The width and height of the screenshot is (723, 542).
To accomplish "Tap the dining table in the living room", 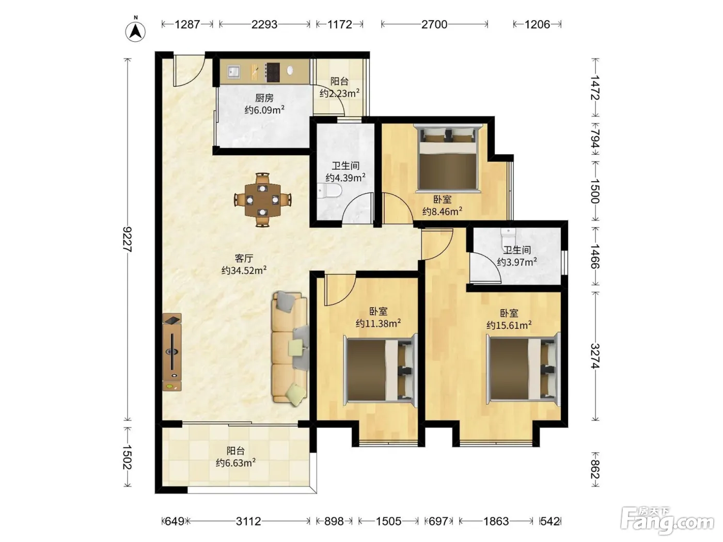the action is coord(262,200).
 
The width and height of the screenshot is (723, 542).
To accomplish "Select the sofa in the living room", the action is coord(290,349).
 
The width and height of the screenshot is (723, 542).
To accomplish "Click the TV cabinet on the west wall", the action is coord(171,352).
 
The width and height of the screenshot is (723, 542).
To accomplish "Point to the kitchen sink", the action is coord(233,71).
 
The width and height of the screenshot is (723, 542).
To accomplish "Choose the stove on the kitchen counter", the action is coord(273,72).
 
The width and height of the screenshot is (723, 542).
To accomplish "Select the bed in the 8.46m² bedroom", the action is coord(448,157).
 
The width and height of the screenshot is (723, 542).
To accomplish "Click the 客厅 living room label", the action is coord(244,258).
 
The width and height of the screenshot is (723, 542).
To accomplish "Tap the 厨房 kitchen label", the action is coord(264,98).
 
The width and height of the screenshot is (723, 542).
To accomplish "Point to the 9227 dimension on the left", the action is coord(128,240).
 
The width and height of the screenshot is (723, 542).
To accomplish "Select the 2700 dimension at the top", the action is coord(434,24).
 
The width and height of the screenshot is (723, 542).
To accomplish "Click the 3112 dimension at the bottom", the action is coord(248,521).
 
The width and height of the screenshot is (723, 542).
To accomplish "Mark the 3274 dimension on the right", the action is coord(595,356).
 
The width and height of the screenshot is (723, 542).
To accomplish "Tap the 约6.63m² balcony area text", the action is coord(236,463).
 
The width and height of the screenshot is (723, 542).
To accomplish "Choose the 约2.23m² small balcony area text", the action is coord(339,93).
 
